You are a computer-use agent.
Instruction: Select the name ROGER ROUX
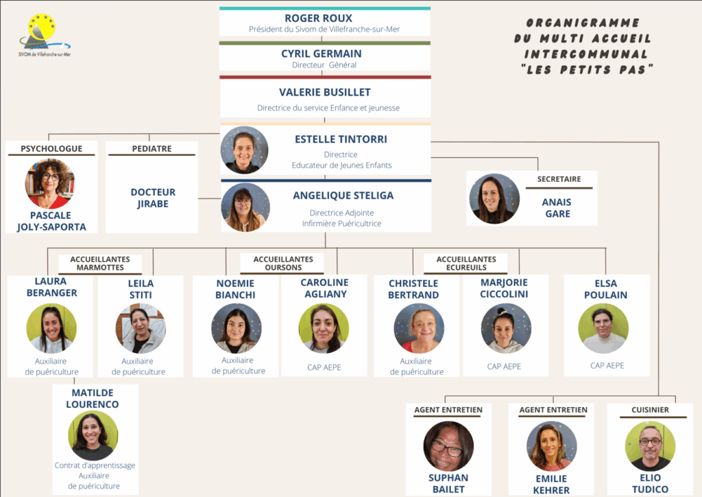(x=324, y=18)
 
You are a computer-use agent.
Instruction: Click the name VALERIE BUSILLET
(x=325, y=92)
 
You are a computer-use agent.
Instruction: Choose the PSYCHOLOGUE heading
(x=51, y=148)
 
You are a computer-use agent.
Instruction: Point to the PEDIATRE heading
(x=152, y=148)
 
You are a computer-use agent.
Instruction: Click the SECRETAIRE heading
(x=559, y=179)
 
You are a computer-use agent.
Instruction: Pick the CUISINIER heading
(x=650, y=410)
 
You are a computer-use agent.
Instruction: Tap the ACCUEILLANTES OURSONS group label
(x=283, y=263)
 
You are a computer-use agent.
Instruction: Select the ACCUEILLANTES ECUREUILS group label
(x=465, y=263)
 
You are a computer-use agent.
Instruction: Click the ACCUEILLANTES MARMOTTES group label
(x=100, y=263)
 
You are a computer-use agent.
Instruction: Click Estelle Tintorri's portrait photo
(x=245, y=150)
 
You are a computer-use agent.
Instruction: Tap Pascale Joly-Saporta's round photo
(x=50, y=184)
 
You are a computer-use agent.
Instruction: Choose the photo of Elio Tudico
(x=650, y=446)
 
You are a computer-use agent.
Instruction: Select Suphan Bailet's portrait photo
(x=448, y=446)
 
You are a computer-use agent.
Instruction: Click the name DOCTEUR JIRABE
(x=153, y=198)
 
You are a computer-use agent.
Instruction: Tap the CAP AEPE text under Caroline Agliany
(x=324, y=367)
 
